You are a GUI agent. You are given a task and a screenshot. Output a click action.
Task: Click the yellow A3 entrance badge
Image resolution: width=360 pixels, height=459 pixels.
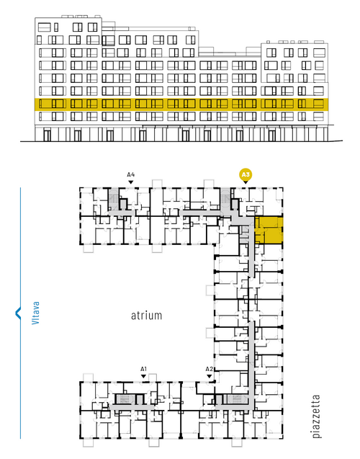246,175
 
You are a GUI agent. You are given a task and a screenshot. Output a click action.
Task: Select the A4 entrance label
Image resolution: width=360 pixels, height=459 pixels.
131,175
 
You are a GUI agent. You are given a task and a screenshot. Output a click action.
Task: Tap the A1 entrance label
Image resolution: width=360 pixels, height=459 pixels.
143,369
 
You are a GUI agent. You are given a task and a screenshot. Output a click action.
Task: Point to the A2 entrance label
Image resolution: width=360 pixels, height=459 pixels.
209,369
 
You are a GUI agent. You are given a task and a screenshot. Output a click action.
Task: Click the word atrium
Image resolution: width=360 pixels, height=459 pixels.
146,316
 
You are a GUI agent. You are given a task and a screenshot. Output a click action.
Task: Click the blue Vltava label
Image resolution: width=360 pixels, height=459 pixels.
35,313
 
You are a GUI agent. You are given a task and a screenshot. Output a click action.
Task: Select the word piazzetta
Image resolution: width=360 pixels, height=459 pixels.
316,416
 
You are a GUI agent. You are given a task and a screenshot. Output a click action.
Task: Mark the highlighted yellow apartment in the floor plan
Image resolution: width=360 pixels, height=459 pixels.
269,230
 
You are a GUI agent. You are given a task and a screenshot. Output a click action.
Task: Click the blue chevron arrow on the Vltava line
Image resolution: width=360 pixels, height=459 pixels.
18,313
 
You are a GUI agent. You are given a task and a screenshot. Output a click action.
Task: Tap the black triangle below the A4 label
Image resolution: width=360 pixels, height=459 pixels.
131,182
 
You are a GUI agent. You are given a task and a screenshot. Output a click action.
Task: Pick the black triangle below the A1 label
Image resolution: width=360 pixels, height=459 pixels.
143,376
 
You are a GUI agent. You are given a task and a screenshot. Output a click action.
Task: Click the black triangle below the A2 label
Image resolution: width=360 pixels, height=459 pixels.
209,376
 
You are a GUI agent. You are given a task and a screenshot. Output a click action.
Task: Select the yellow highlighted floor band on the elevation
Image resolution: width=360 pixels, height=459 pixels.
181,104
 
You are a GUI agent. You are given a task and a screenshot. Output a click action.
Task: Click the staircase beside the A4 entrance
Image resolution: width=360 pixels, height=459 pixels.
113,199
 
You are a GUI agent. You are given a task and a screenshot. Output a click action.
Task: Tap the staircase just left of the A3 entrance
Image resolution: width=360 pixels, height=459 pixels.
225,199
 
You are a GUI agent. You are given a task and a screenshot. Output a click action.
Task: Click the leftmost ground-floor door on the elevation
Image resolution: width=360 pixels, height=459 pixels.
47,135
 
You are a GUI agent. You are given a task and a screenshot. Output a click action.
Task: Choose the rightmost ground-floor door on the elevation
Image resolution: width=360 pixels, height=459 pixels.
272,135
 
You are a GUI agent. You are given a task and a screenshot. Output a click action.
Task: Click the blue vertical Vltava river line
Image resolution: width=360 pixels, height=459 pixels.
20,313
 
